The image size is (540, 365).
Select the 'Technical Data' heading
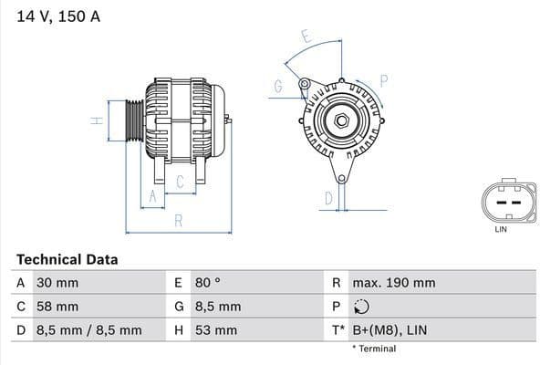(x=67, y=260)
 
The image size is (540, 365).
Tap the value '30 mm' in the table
(x=57, y=284)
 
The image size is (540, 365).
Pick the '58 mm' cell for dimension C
(x=57, y=307)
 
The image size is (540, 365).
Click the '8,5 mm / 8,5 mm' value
(x=88, y=330)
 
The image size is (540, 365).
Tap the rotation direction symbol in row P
(x=363, y=308)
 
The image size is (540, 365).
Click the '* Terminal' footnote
(x=374, y=349)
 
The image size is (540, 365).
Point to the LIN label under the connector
(x=500, y=229)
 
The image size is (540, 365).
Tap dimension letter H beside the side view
(x=94, y=120)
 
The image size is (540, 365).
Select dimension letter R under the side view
(x=179, y=220)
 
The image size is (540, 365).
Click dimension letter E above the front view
(x=306, y=37)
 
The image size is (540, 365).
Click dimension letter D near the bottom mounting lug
(x=327, y=197)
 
